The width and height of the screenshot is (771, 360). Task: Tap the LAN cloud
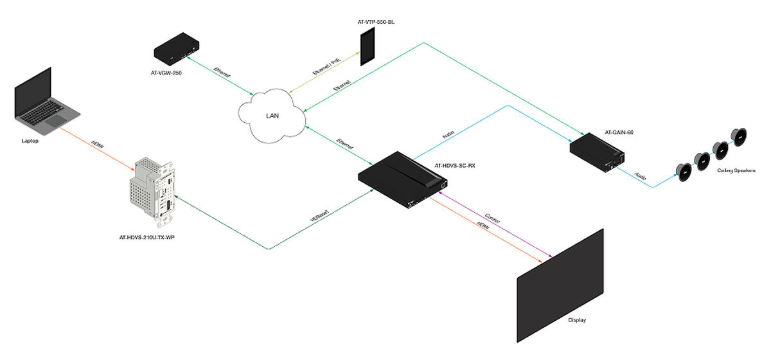(272, 116)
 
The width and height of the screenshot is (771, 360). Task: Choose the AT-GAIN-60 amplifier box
(598, 151)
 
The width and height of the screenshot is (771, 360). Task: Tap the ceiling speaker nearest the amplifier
(683, 171)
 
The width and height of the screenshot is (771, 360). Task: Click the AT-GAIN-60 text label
(619, 132)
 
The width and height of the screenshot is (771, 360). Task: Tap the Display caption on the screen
(577, 320)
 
